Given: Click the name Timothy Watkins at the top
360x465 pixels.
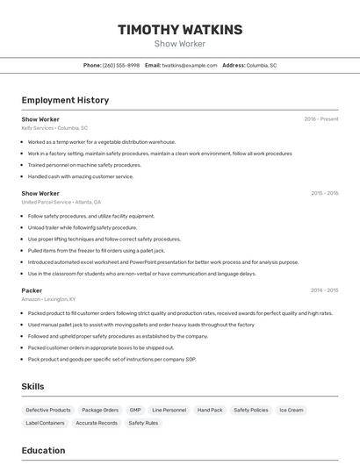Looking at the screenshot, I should coord(180,30).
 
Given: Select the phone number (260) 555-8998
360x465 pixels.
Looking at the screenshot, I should coord(120,65).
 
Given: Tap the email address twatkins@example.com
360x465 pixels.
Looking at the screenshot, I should coord(190,65).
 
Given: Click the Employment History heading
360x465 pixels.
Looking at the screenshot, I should coord(65,100).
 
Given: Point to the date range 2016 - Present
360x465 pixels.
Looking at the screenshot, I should coord(320,119).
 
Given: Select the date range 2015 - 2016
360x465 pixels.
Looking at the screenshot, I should coord(324,193).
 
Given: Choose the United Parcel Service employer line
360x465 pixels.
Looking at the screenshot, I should coord(61,202).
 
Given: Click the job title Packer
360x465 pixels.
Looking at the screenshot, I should coord(32,290).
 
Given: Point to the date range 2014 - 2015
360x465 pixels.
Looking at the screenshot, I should coord(324,290).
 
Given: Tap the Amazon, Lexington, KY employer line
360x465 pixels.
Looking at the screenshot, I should coord(48,298).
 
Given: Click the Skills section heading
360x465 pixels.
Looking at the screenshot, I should coord(32,386).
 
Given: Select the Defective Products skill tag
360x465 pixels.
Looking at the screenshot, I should coord(48,410).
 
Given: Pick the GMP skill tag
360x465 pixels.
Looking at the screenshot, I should coord(134,410).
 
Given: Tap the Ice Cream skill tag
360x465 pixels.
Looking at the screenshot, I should coord(292,410).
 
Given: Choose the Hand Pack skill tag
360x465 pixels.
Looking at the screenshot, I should coord(210,410).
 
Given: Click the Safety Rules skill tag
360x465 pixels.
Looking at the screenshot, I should coord(143,423).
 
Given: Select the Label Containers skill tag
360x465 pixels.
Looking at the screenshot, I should coord(45,423).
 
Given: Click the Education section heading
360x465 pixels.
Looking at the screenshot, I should coord(43,451).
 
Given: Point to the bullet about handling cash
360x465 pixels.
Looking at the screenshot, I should coord(81,176).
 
